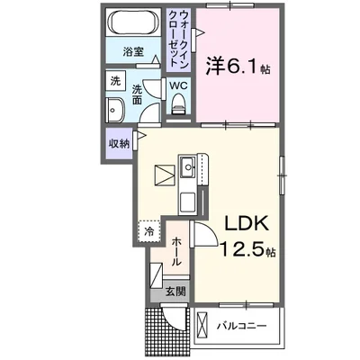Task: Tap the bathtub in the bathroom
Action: [133, 25]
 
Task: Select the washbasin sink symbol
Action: [117, 112]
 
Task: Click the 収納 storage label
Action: [119, 142]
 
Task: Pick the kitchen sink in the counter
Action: [189, 166]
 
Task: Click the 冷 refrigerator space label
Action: [148, 231]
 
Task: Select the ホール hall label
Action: [177, 250]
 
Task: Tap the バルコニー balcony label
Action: [241, 324]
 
